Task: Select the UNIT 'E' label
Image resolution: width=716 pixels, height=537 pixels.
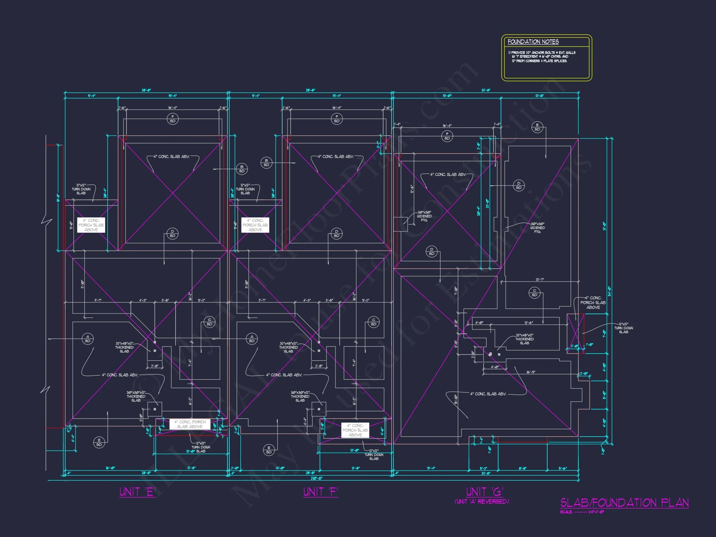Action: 138,492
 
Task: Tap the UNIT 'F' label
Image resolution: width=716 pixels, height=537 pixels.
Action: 320,492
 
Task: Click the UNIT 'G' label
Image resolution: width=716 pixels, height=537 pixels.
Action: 484,492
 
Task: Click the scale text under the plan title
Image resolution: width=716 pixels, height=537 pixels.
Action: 582,512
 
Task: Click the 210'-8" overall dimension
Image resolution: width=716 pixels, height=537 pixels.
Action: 316,478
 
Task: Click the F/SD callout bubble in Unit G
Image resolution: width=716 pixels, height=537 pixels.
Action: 447,136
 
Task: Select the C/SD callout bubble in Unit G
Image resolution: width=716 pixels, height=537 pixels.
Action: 535,293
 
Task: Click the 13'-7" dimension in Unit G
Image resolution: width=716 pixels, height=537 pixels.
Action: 539,280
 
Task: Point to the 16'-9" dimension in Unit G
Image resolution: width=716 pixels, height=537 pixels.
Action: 530,372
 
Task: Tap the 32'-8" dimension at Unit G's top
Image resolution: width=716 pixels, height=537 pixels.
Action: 485,90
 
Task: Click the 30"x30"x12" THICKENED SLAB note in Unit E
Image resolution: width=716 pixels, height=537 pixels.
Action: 136,396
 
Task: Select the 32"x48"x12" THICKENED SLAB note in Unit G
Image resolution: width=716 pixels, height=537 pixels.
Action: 524,339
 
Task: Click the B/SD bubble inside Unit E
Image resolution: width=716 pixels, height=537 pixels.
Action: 241,169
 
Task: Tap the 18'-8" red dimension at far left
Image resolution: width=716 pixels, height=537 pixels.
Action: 58,198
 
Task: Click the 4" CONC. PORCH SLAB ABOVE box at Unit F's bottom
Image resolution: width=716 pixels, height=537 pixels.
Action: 355,430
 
